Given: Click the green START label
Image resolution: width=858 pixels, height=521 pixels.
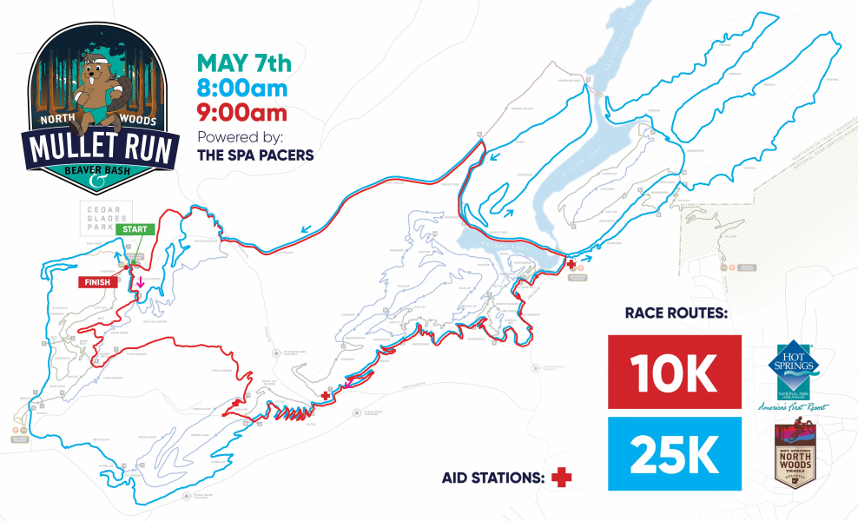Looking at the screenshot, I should click(x=135, y=229).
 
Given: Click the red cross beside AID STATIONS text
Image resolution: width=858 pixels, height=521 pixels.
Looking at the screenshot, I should click(x=563, y=477).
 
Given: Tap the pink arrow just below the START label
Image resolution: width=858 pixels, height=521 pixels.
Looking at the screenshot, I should click(x=139, y=283).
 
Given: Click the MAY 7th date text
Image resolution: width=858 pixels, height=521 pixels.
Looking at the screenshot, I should click(x=244, y=63).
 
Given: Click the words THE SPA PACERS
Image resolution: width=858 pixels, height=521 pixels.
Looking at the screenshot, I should click(x=255, y=156).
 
